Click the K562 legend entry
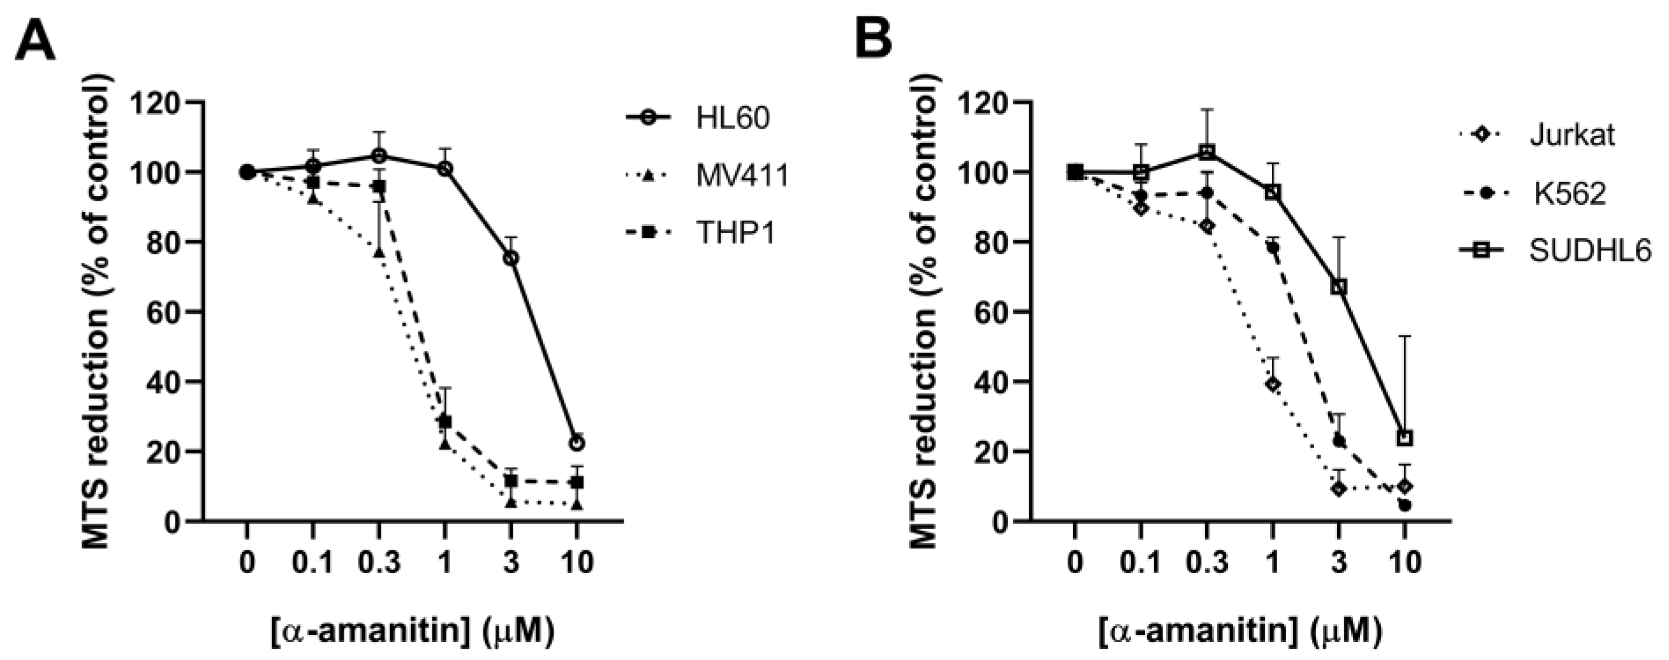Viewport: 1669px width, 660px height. [x=1569, y=194]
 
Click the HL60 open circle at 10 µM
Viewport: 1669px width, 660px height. [x=577, y=443]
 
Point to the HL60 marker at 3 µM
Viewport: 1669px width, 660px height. [x=510, y=258]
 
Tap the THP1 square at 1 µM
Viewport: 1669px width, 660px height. [x=445, y=422]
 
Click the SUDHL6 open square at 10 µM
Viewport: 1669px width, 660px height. [x=1404, y=438]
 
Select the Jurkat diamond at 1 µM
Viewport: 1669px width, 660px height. [x=1272, y=384]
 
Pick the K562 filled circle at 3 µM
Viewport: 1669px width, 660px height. [x=1339, y=441]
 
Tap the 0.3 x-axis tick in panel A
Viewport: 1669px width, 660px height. [x=379, y=562]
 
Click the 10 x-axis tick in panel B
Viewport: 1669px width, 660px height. [x=1404, y=562]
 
